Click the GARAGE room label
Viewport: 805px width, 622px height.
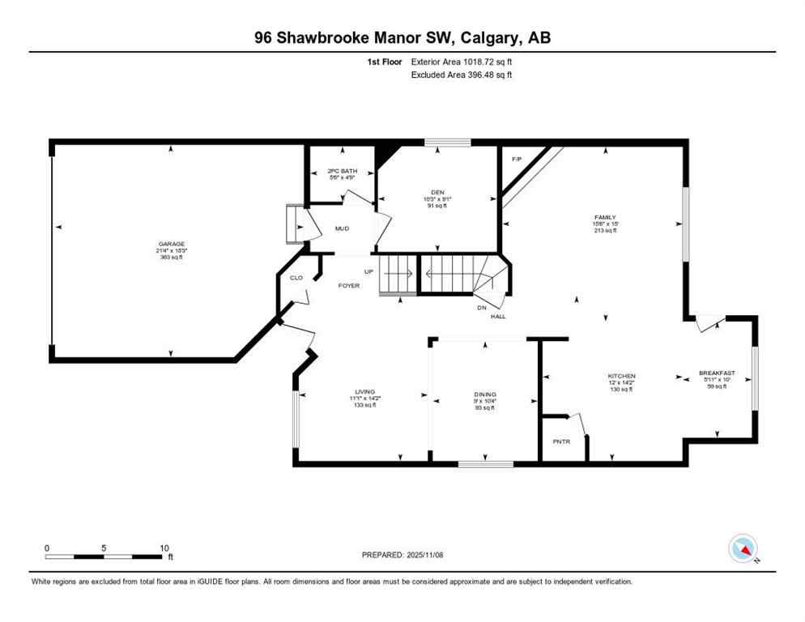171,244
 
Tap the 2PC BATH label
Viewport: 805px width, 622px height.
343,171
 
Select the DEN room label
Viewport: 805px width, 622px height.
437,192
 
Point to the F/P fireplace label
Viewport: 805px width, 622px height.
516,159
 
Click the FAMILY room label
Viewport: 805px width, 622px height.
605,218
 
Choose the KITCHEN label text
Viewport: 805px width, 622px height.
622,376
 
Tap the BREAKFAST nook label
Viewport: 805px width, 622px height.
717,373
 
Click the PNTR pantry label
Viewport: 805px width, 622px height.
561,442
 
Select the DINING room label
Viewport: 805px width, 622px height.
485,394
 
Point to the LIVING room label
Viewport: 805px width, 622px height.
365,392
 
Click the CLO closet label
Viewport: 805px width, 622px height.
296,278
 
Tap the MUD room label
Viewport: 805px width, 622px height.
342,229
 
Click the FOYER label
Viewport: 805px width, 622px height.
349,286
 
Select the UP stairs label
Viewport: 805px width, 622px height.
368,271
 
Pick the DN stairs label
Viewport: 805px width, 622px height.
482,307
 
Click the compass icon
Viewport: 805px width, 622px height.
743,548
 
